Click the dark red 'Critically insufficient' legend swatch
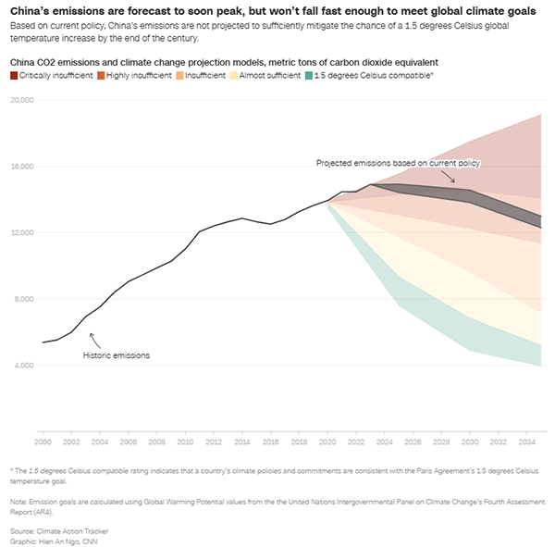tap(13, 73)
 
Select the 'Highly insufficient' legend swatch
tap(99, 73)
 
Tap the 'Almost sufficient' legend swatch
tap(233, 73)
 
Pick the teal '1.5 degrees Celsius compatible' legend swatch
tap(308, 73)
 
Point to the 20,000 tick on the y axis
tap(20, 100)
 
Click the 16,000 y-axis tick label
tap(20, 167)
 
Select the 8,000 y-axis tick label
tap(22, 299)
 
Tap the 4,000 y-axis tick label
tap(22, 366)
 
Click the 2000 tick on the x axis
tap(43, 432)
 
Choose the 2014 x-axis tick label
tap(241, 432)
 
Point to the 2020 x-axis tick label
tap(327, 432)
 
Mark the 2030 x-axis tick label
tap(470, 432)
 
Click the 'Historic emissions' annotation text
tap(117, 354)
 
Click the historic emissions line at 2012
tap(213, 227)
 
